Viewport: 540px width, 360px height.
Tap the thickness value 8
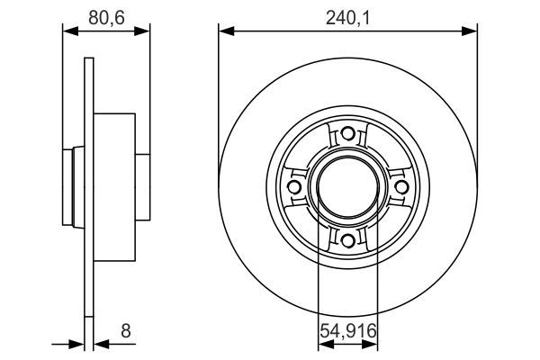(x=125, y=330)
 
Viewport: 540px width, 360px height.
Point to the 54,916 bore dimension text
(x=348, y=331)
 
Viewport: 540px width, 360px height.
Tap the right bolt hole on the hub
(x=400, y=186)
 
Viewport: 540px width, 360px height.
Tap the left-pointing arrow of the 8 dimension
(x=100, y=343)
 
